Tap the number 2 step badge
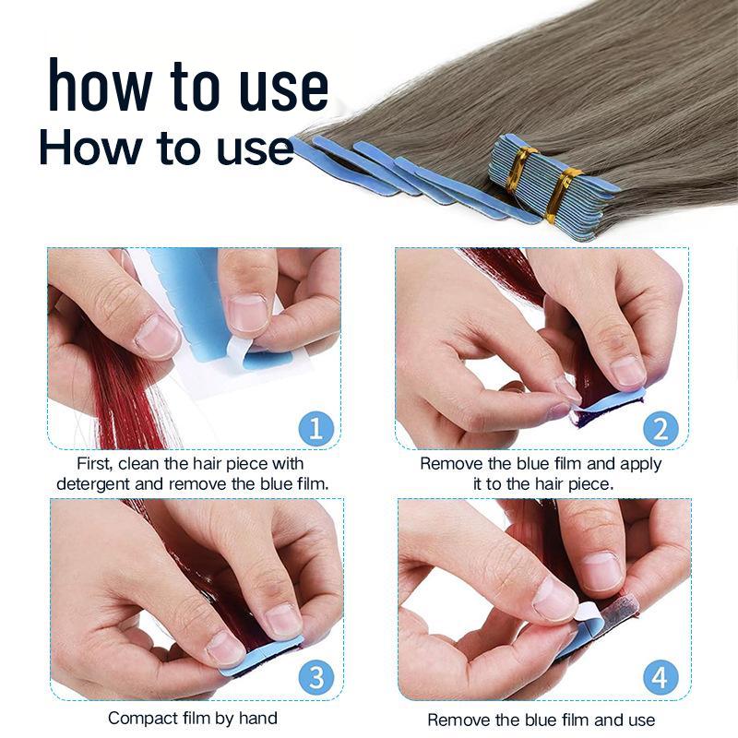click(x=661, y=429)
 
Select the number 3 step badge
click(x=316, y=678)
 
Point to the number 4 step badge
click(x=661, y=679)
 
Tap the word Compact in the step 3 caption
click(x=140, y=718)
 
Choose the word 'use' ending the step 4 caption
click(x=639, y=720)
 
